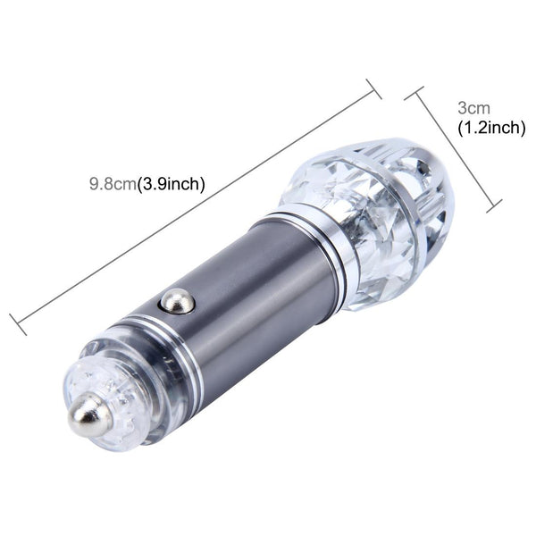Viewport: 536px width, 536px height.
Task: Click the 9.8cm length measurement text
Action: click(112, 185)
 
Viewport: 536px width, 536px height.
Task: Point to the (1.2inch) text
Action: click(490, 129)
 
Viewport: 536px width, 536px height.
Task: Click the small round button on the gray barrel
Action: click(177, 301)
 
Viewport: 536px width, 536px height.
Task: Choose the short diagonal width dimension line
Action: click(454, 150)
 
